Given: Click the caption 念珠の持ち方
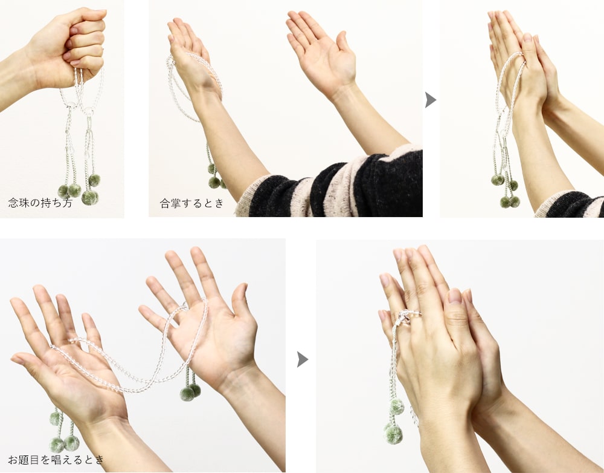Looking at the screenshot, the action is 40,203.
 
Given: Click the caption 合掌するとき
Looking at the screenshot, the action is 192,203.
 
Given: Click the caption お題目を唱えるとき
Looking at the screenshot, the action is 56,460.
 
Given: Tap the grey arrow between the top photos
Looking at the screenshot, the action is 431,100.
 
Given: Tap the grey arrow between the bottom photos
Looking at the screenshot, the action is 303,359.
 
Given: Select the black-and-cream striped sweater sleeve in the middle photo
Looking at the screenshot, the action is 331,183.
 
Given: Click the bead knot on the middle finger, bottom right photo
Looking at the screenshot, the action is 405,318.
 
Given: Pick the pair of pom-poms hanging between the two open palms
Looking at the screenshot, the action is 190,391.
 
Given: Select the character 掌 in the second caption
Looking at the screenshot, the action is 176,203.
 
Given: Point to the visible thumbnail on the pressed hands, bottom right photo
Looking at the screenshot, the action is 455,296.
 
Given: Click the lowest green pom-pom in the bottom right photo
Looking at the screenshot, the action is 394,434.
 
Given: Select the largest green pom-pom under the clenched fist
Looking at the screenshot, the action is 90,197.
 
